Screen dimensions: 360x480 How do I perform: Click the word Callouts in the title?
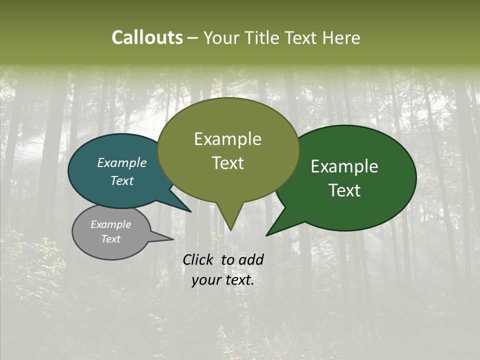147,37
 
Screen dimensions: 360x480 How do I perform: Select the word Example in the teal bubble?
121,162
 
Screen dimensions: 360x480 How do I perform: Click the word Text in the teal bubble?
121,180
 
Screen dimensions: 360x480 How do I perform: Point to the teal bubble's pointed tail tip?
190,211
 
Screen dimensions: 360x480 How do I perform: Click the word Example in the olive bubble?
227,139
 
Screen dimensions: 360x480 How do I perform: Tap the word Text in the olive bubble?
227,163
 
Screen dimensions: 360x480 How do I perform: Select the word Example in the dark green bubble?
344,166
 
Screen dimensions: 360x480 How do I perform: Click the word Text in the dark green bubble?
344,190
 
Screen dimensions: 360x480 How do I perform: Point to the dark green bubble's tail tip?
267,234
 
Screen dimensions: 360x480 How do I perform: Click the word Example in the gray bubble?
110,224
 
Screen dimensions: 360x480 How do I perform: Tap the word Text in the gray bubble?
110,239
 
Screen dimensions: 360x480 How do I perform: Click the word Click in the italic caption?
198,259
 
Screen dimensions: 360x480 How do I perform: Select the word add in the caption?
251,259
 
